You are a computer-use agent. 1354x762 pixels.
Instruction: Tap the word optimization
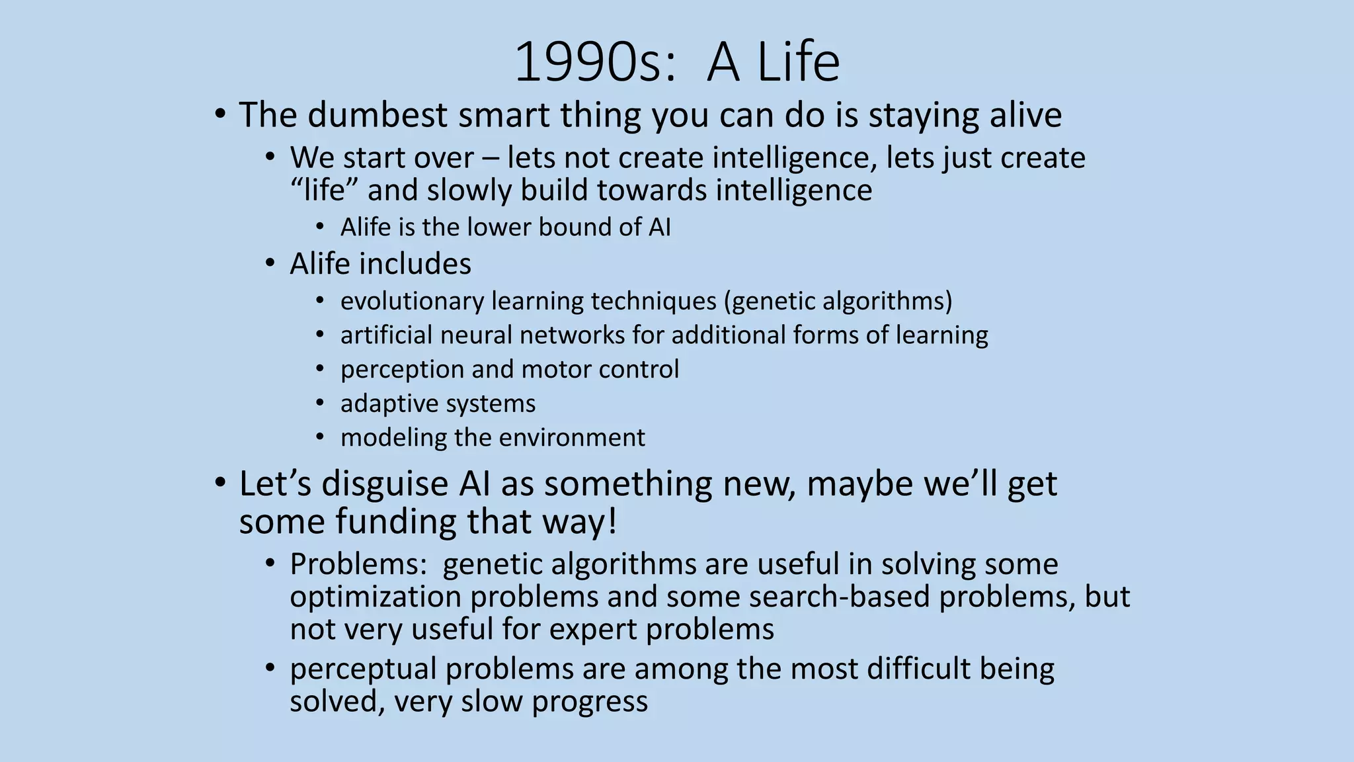click(376, 597)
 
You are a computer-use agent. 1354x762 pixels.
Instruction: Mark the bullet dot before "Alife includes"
click(270, 264)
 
